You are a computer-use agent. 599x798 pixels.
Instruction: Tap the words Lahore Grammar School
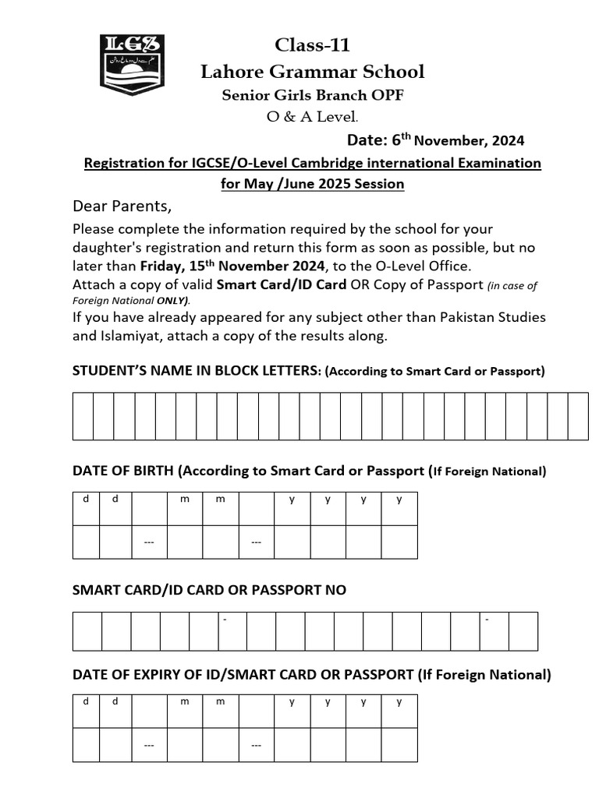pos(312,72)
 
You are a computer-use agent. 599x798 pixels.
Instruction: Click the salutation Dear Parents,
pos(121,207)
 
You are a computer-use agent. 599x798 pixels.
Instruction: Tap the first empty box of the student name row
pos(83,416)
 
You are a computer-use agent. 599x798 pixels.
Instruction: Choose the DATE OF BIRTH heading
pos(125,471)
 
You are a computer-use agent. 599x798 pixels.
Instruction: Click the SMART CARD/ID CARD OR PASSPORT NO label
pos(209,590)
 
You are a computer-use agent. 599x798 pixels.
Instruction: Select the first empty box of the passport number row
pos(87,631)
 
